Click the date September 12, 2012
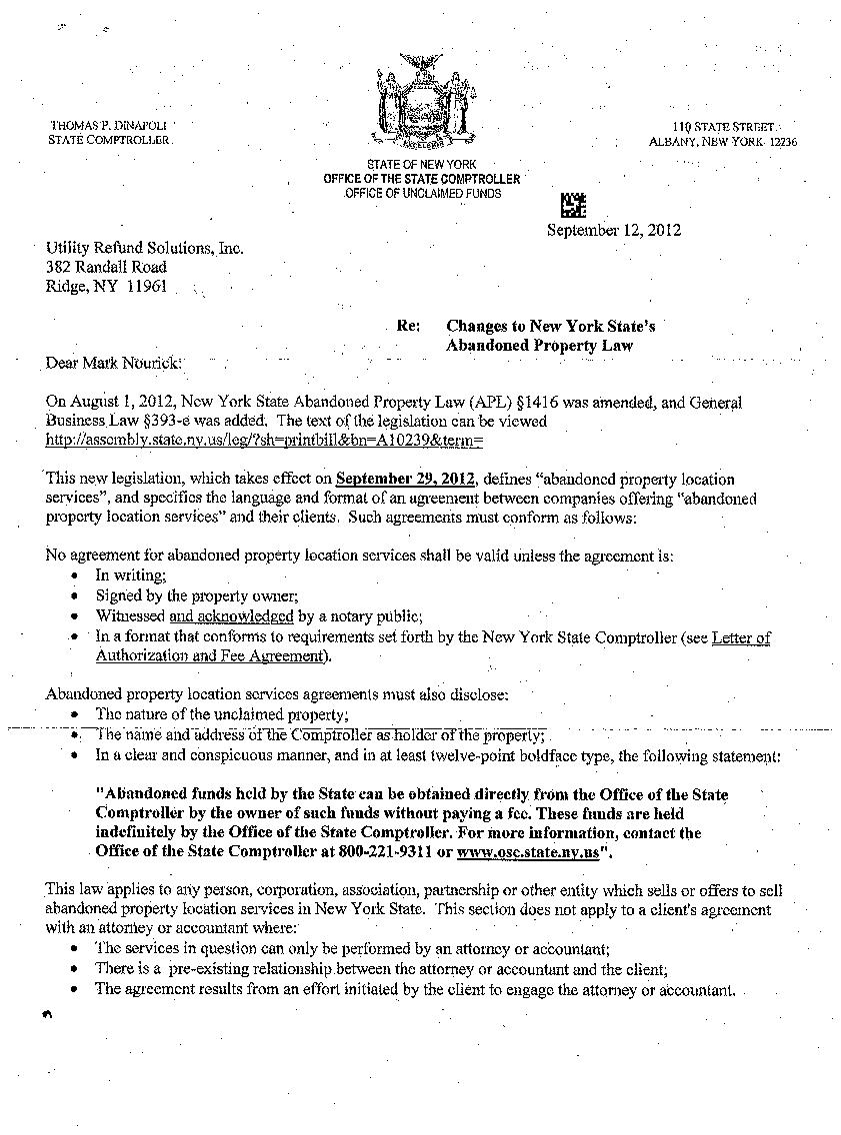point(613,230)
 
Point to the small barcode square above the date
point(572,205)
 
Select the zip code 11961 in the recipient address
point(146,287)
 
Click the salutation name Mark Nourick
point(135,363)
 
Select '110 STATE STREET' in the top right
point(723,127)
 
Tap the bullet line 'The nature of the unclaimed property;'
point(222,714)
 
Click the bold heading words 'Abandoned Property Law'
point(539,346)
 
